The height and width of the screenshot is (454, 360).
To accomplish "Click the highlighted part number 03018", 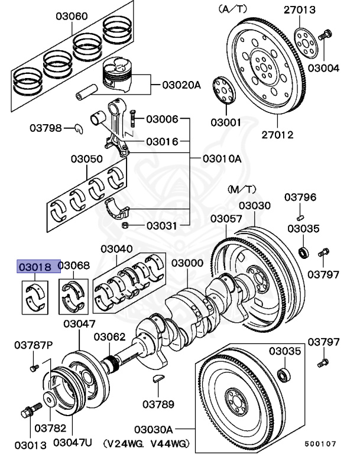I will click(38, 267).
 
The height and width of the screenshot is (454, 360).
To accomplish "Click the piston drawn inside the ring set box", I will click(121, 76).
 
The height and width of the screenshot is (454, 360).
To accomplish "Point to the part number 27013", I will click(316, 9).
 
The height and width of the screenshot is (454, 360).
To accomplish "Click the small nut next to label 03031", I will click(125, 225).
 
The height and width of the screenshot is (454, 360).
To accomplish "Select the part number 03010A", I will click(222, 159).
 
